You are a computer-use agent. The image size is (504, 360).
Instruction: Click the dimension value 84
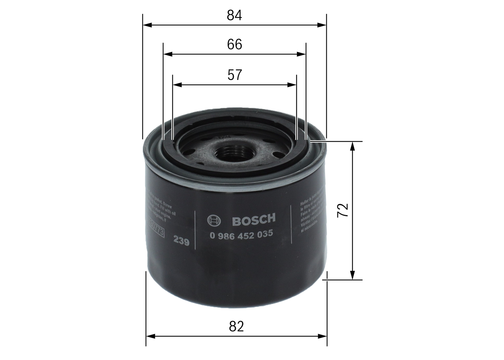(234, 15)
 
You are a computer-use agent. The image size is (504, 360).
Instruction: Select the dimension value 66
(234, 44)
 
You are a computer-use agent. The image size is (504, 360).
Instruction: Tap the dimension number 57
(234, 75)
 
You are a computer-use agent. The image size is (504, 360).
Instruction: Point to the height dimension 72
(343, 210)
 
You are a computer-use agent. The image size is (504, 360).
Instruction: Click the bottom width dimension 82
(236, 326)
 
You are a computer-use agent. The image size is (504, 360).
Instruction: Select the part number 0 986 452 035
(241, 234)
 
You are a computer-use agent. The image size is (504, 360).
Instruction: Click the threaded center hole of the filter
(235, 152)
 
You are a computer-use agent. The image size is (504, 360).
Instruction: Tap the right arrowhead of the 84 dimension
(322, 25)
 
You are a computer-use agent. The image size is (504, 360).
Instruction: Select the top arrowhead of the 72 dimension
(352, 146)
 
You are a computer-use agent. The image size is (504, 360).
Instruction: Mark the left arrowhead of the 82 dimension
(150, 336)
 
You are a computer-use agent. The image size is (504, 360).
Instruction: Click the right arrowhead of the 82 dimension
(323, 336)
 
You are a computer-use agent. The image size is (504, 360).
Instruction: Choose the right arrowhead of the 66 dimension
(302, 54)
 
